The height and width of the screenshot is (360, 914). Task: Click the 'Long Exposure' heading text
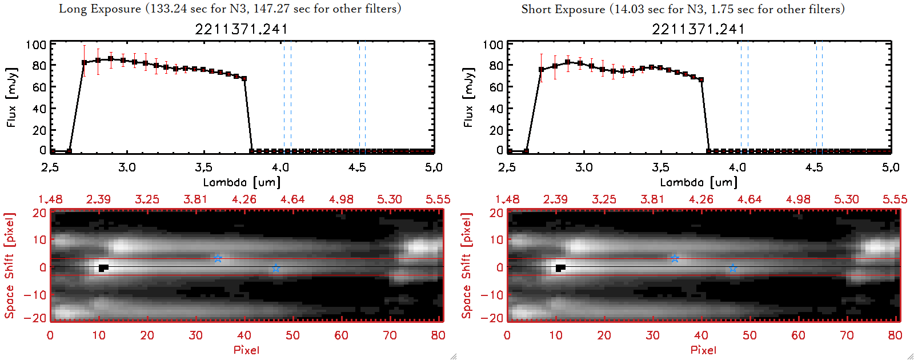100,9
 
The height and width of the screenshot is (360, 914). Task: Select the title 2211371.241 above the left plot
241,29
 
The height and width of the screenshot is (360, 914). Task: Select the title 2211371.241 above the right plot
698,29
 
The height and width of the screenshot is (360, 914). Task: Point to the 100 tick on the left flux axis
36,45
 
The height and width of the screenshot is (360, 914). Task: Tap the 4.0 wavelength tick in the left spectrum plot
280,167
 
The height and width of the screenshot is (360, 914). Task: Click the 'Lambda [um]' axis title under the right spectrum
699,182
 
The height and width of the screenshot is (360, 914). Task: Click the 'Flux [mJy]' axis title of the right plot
469,98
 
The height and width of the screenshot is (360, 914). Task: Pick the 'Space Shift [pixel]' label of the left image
10,266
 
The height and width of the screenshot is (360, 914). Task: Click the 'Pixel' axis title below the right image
703,350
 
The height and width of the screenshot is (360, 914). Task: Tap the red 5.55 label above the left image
438,199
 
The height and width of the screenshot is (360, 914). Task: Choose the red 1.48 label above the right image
507,199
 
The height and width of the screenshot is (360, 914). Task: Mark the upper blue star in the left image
218,259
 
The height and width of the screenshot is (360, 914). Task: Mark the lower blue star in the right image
733,269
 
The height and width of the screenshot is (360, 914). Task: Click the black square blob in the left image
103,268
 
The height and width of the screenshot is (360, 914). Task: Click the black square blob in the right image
560,268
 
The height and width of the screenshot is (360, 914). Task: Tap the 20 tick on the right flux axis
496,130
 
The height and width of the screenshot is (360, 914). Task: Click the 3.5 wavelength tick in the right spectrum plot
660,167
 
